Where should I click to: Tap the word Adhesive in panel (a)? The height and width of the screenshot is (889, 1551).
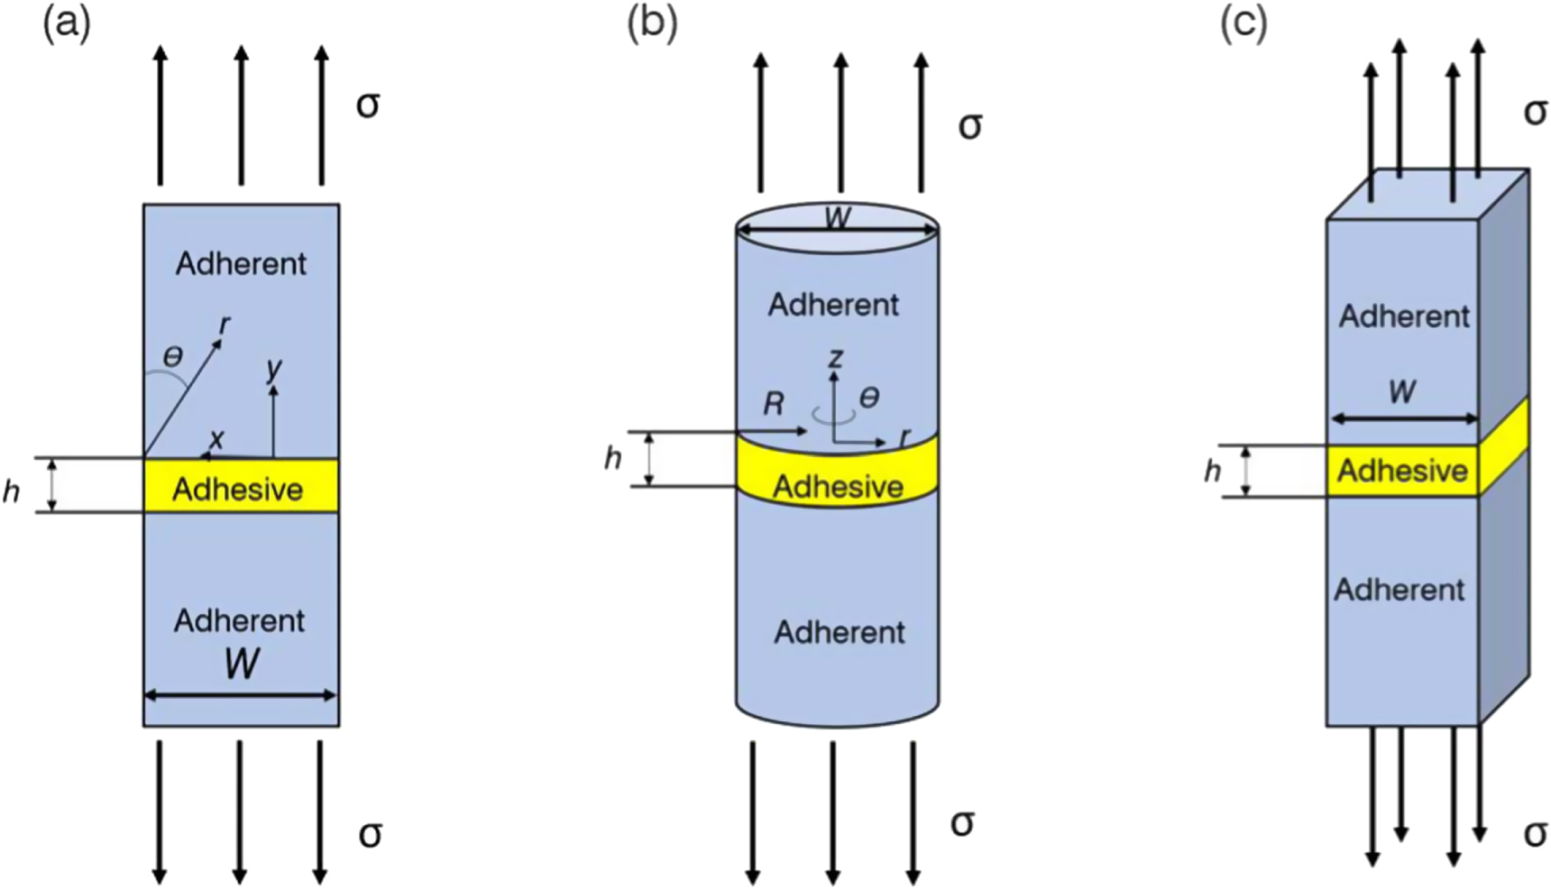(238, 490)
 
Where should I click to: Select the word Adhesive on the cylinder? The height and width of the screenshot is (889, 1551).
(838, 487)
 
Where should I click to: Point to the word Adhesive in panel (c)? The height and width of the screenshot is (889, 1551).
(1402, 471)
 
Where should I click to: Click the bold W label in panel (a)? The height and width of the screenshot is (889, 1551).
(242, 664)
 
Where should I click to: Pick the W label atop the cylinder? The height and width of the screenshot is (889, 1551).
(838, 217)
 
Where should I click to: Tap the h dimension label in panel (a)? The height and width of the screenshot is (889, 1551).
(12, 491)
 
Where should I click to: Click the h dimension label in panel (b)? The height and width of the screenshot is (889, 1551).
(613, 459)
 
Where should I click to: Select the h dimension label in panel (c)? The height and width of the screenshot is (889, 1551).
(1213, 471)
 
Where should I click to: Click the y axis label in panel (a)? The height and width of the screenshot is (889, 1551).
(274, 367)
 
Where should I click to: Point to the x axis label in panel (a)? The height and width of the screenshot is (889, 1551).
(216, 439)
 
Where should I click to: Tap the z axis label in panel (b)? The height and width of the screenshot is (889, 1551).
(836, 358)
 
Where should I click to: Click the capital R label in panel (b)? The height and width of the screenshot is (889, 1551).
(774, 404)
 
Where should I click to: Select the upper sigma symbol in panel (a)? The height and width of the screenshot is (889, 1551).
(368, 105)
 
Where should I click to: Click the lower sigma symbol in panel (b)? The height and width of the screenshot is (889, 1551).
(962, 822)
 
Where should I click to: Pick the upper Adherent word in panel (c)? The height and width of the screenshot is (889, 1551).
(1404, 316)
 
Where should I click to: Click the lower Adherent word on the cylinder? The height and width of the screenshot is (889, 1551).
(839, 632)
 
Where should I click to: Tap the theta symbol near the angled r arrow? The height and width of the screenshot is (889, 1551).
(172, 356)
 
